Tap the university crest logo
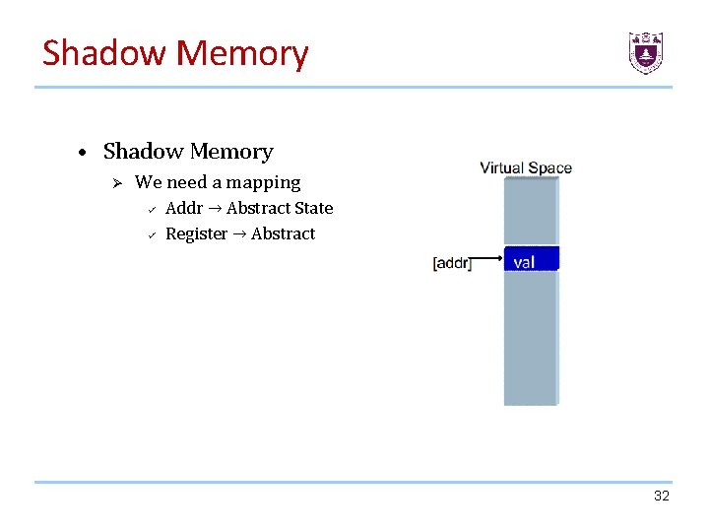646,52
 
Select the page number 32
661,496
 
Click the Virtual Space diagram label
526,167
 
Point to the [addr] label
452,263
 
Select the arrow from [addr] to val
488,258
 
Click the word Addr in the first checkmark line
184,208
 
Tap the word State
312,208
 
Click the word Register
196,234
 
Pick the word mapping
263,183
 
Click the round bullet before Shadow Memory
87,153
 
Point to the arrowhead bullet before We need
115,182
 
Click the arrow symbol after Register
239,234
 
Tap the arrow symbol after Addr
215,208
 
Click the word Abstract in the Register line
283,234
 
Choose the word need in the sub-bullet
185,182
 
